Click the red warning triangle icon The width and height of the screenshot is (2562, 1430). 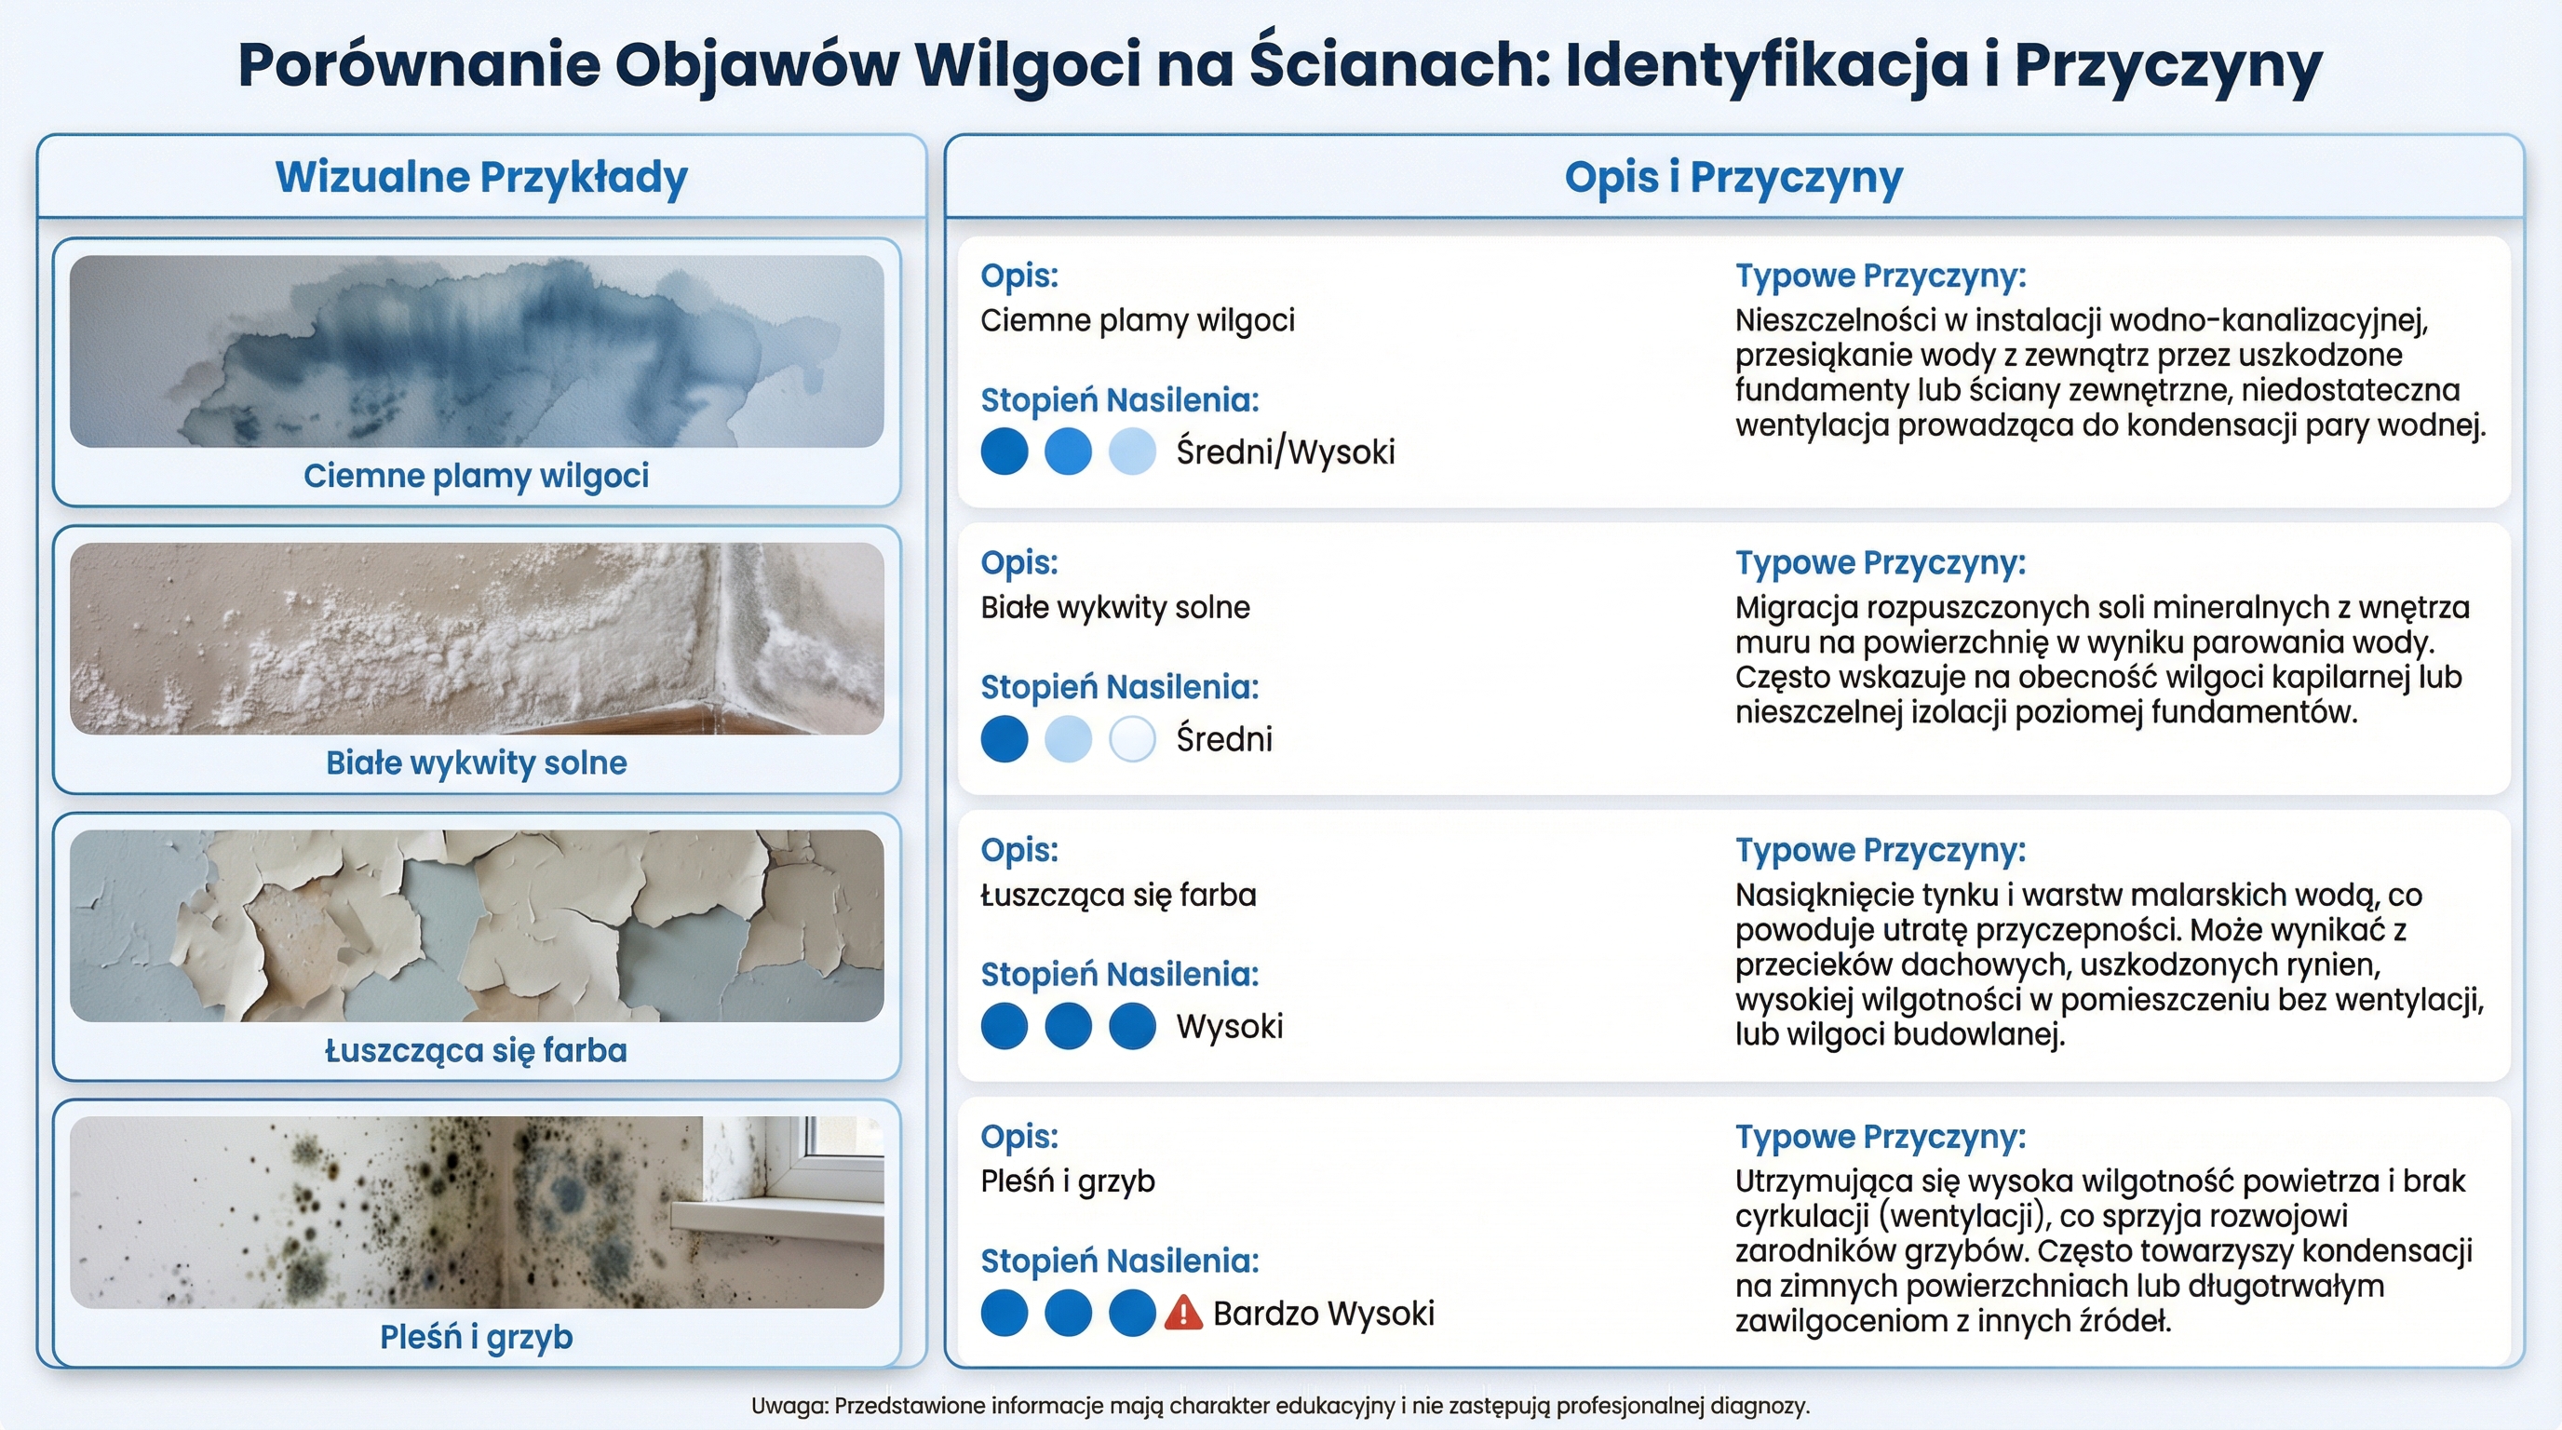coord(1182,1313)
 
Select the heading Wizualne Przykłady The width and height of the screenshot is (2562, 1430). coord(481,177)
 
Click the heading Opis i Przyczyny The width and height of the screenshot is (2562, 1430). coord(1733,177)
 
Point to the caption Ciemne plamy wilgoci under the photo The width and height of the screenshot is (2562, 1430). coord(476,476)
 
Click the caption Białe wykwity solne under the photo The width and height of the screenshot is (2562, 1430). coord(476,762)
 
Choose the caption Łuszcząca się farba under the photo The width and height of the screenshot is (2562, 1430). coord(476,1050)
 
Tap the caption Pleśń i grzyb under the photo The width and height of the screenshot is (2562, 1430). coord(476,1337)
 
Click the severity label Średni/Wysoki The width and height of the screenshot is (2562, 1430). coord(1285,452)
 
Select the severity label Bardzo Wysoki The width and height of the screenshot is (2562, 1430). coord(1323,1313)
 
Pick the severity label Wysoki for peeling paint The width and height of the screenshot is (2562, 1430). coord(1229,1026)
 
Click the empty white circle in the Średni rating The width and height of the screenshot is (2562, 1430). coord(1132,740)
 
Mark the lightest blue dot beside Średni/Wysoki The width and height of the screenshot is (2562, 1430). coord(1132,452)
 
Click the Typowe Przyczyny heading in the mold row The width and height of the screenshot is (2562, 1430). coord(1880,1137)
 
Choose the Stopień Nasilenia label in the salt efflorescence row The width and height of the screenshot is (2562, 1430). coord(1119,687)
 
